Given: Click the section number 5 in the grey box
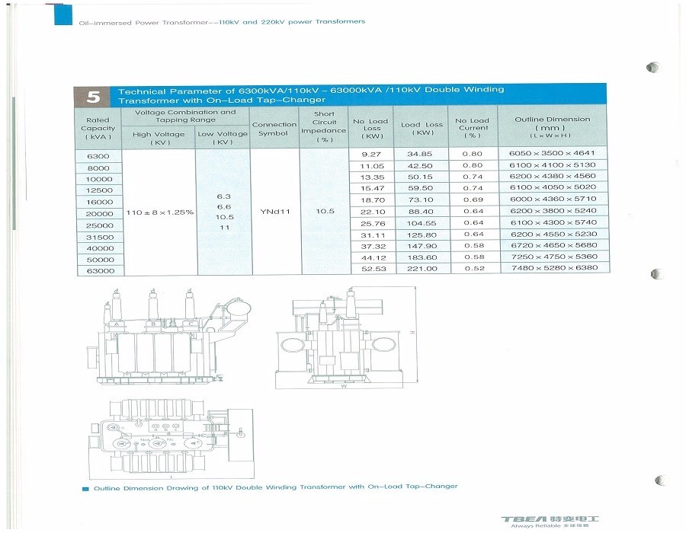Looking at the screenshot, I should point(93,97).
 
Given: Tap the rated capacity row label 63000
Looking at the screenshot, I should point(100,271).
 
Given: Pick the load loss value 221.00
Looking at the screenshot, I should point(421,269).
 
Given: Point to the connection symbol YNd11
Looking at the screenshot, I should point(274,211).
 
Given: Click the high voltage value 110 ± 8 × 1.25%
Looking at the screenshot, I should point(159,211).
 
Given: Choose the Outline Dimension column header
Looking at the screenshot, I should point(552,126).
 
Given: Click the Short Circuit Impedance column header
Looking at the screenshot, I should point(324,126).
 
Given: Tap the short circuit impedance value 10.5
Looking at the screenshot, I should point(324,211).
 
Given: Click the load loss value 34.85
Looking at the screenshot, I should point(421,154).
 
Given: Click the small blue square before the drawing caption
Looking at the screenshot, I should point(85,487).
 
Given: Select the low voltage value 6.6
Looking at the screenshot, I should point(224,206).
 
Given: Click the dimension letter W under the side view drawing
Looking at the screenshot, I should point(344,386).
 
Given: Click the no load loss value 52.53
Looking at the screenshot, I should point(371,269).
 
